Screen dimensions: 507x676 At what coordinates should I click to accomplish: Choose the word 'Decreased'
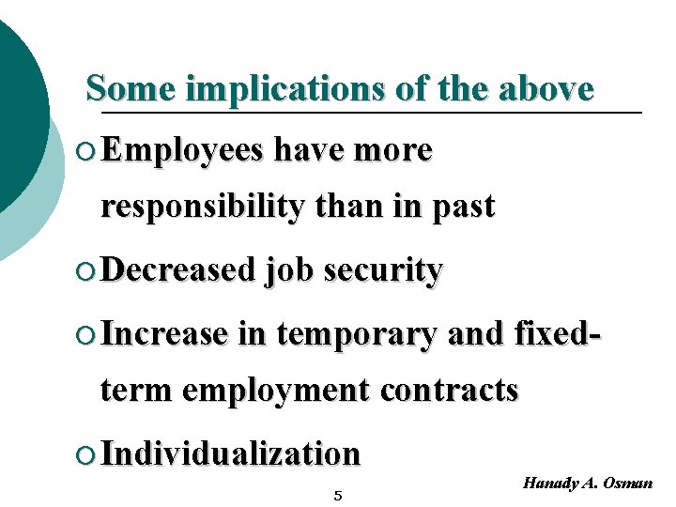coord(177,270)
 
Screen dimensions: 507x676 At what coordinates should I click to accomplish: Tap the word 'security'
coord(382,270)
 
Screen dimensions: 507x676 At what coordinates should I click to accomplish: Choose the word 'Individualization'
coord(230,453)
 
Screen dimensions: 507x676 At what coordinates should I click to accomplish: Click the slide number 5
coord(338,495)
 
